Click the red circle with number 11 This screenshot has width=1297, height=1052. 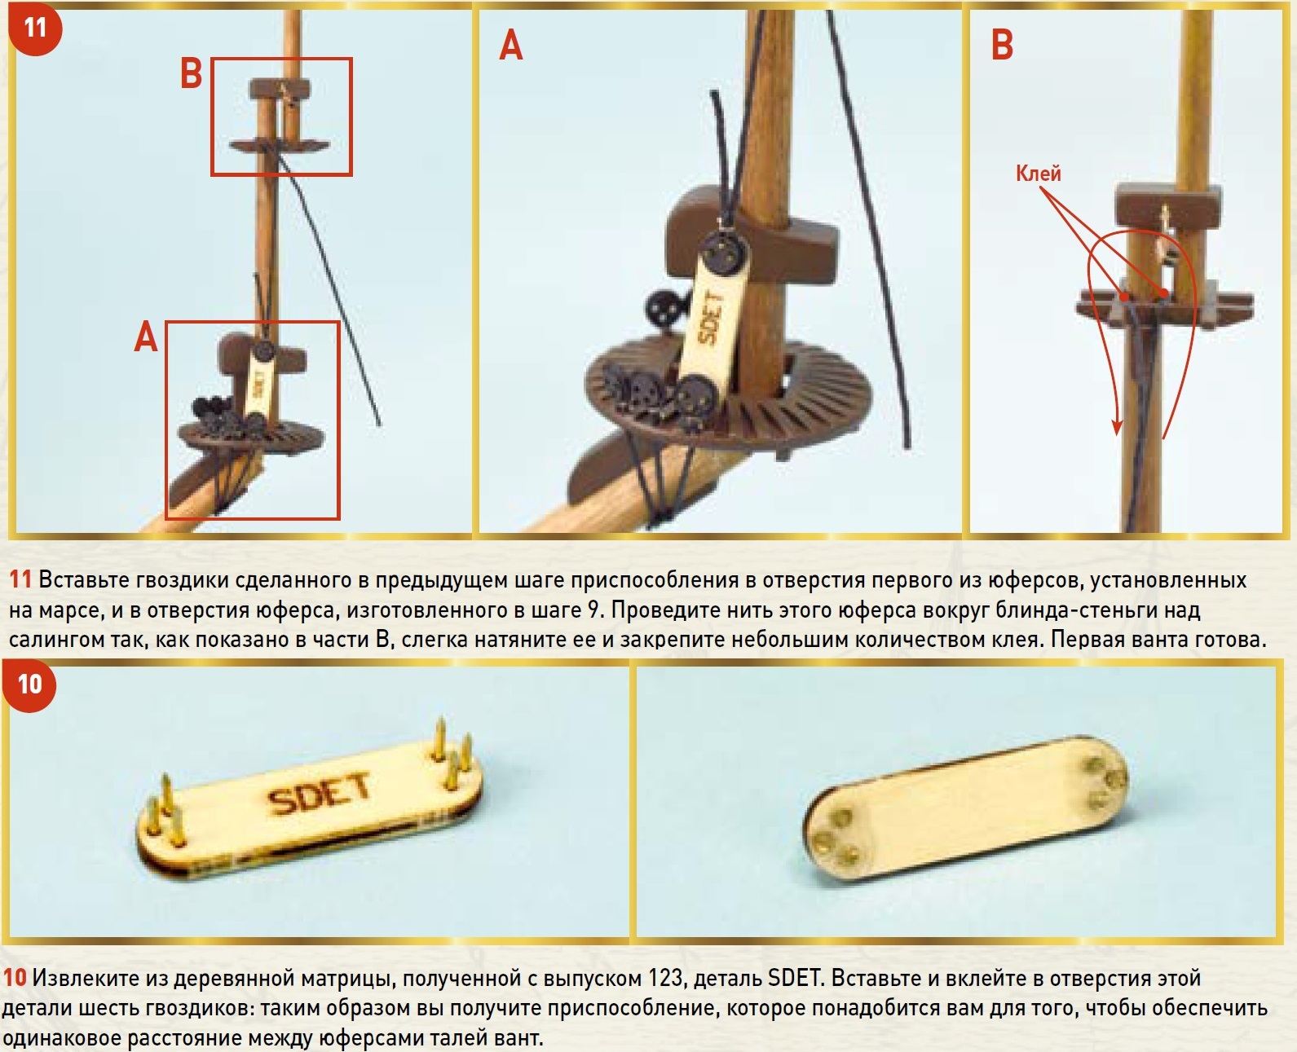tap(35, 28)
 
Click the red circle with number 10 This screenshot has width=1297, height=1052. tap(29, 685)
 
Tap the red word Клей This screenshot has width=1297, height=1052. tap(1039, 174)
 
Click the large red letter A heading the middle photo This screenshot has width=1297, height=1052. tap(511, 46)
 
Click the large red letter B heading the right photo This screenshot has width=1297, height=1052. tap(1002, 45)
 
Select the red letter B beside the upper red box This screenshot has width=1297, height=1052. tap(191, 75)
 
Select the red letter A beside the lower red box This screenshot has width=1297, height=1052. tap(146, 337)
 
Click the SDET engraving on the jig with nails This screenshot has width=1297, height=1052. tap(319, 794)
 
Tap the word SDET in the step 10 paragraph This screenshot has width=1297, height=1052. tap(793, 979)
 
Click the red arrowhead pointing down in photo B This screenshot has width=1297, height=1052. tap(1116, 426)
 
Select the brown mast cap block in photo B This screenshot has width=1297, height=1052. tap(1168, 205)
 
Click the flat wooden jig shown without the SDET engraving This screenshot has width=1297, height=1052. tap(965, 806)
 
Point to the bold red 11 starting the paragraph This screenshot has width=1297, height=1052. tap(20, 580)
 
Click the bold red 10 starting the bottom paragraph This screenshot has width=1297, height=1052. tap(15, 979)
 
